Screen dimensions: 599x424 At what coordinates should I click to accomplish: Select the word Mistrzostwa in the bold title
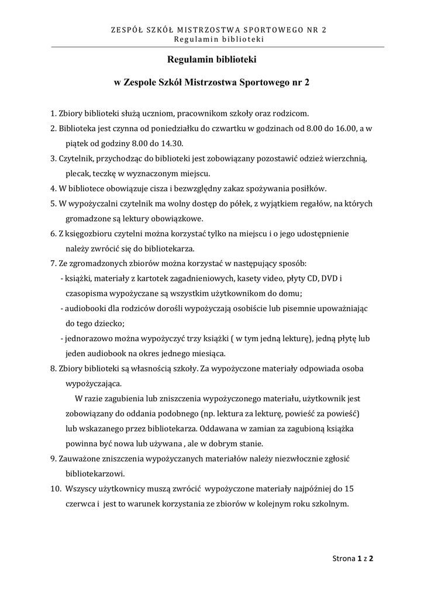tap(214, 83)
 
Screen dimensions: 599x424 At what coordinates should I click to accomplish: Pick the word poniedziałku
tap(167, 129)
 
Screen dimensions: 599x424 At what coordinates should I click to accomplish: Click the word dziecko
tap(111, 323)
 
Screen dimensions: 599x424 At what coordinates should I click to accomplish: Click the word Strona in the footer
tap(343, 559)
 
